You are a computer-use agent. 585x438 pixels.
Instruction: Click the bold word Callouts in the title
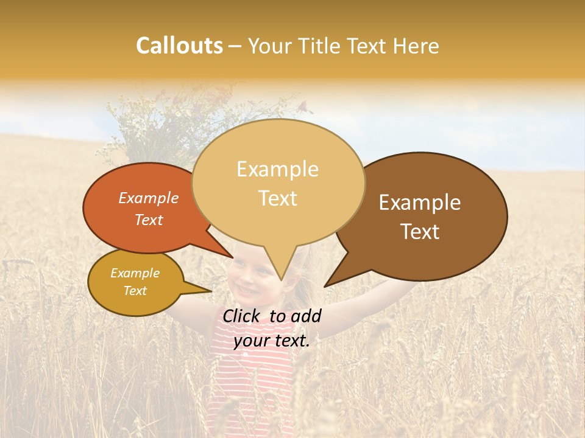(179, 46)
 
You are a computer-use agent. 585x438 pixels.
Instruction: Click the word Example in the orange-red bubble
(148, 198)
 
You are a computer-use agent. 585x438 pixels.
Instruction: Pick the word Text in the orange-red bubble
(148, 220)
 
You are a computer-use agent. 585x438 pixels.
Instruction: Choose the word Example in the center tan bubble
(277, 169)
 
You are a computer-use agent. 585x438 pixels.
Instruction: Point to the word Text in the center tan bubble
(277, 198)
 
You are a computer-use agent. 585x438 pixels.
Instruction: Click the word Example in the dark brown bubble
(420, 203)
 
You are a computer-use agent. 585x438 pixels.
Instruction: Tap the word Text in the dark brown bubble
(420, 232)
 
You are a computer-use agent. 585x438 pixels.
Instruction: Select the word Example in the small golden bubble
(135, 273)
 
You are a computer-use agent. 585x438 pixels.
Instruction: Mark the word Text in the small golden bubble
(135, 291)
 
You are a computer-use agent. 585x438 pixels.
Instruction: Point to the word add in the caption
(306, 316)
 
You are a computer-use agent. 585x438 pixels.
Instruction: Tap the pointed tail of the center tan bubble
(280, 271)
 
